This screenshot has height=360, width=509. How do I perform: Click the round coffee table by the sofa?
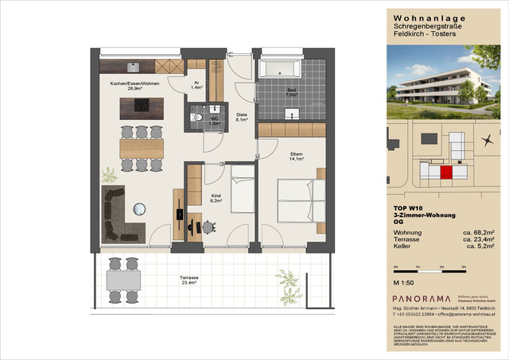pos(140,208)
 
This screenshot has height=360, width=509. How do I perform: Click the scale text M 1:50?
pos(406,283)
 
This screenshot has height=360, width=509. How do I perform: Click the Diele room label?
pos(242,117)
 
